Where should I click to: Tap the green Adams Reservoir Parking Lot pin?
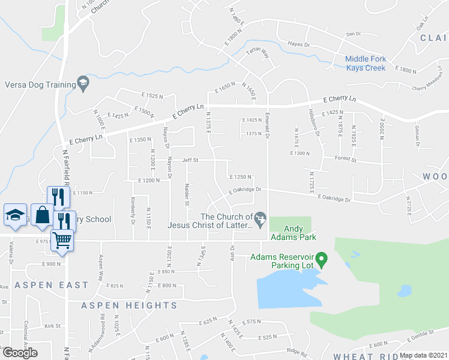click(321, 260)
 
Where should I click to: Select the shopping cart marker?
click(62, 239)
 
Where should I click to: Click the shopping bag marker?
click(42, 215)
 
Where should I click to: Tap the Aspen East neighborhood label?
click(52, 286)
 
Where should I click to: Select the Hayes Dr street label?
click(298, 44)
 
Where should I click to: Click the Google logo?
click(20, 353)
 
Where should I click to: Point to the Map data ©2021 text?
click(423, 355)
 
